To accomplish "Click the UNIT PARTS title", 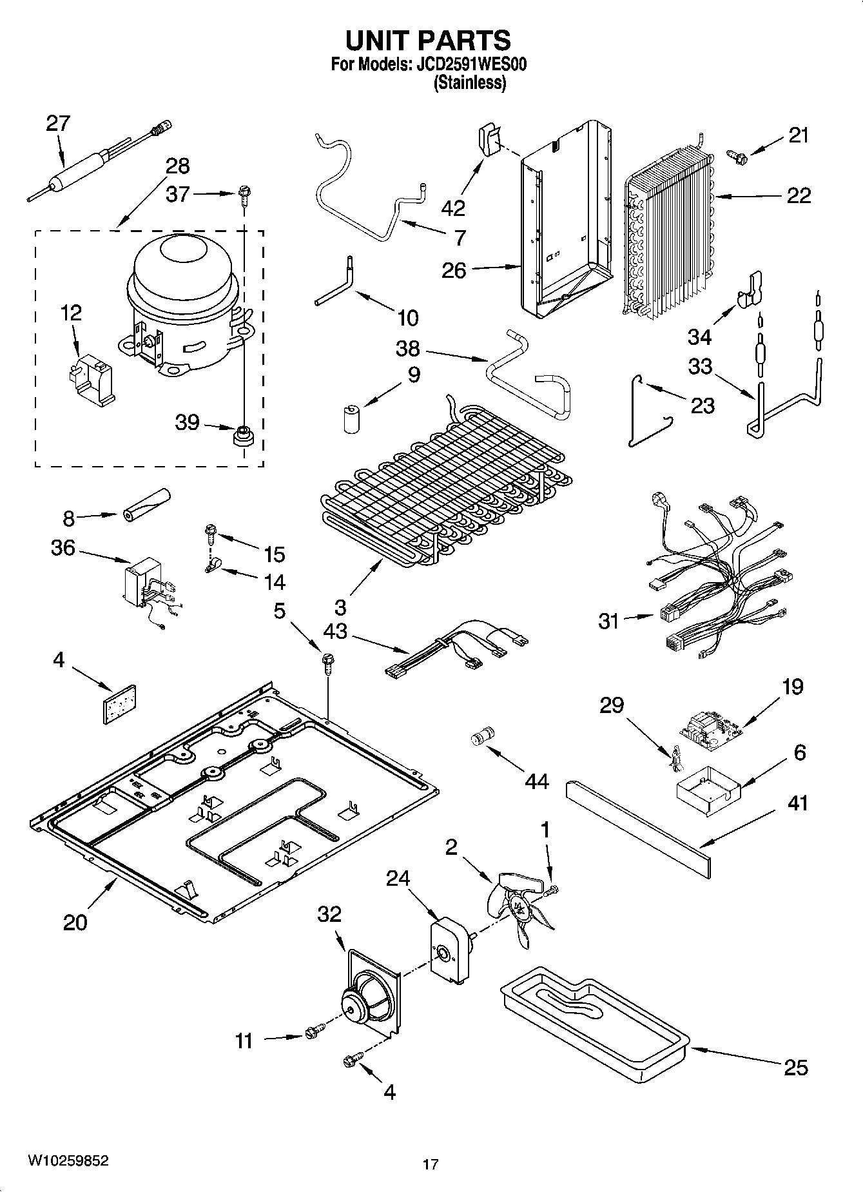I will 428,40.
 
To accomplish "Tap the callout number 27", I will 57,124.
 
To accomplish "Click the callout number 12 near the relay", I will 71,313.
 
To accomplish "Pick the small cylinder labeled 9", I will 351,418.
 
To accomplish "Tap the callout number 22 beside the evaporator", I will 799,195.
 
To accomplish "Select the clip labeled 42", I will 490,141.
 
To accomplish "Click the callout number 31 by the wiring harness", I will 608,621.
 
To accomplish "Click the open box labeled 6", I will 704,787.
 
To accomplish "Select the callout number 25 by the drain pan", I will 796,1068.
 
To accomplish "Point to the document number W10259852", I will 68,1160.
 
